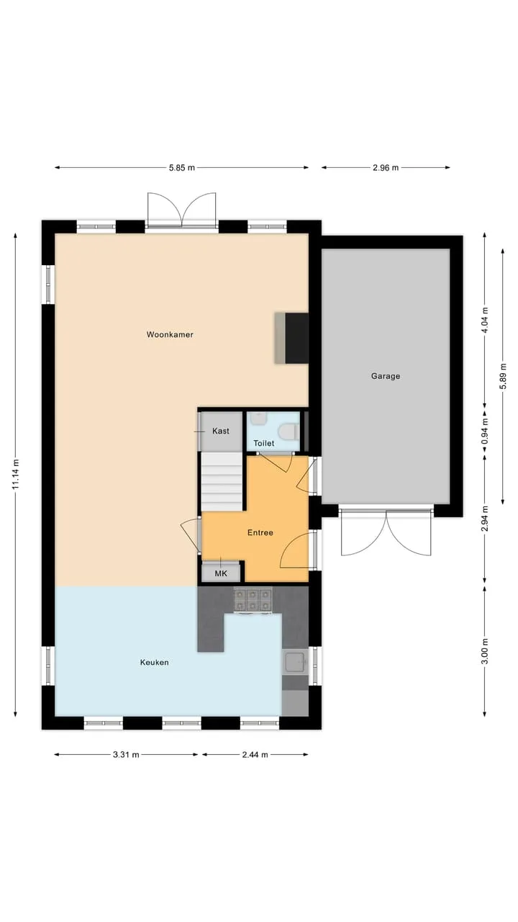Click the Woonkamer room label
pyautogui.click(x=170, y=335)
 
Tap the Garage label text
pyautogui.click(x=386, y=376)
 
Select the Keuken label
pyautogui.click(x=154, y=662)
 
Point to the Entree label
pyautogui.click(x=260, y=532)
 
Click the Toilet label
pyautogui.click(x=264, y=443)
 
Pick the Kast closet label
pyautogui.click(x=221, y=431)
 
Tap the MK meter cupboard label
pyautogui.click(x=221, y=573)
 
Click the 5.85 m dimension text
pyautogui.click(x=182, y=168)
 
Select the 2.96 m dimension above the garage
pyautogui.click(x=386, y=168)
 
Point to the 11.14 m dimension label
pyautogui.click(x=16, y=474)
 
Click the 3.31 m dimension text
pyautogui.click(x=126, y=754)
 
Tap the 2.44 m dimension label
pyautogui.click(x=255, y=754)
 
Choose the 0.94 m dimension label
pyautogui.click(x=485, y=431)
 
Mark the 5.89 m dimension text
pyautogui.click(x=503, y=376)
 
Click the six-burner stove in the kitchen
pyautogui.click(x=253, y=600)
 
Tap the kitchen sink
pyautogui.click(x=295, y=661)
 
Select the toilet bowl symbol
pyautogui.click(x=289, y=432)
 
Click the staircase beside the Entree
pyautogui.click(x=222, y=482)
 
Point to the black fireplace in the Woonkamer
pyautogui.click(x=297, y=338)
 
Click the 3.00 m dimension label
pyautogui.click(x=485, y=651)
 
